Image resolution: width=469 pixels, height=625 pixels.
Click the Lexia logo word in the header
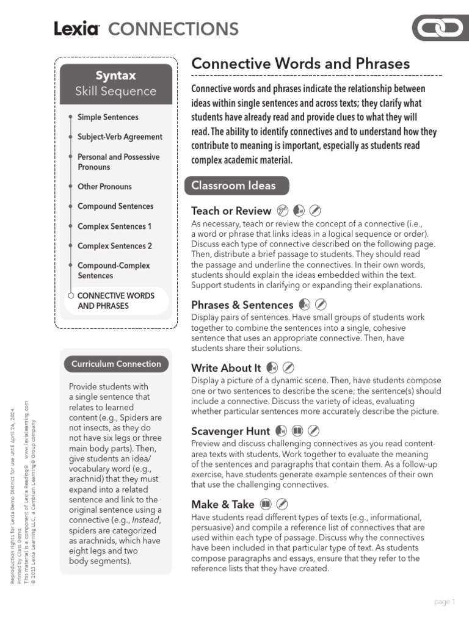(x=76, y=29)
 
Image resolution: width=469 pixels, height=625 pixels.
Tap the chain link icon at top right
(x=440, y=29)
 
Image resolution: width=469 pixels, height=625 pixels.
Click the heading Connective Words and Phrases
(x=300, y=63)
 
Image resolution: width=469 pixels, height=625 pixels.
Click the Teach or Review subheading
(x=231, y=211)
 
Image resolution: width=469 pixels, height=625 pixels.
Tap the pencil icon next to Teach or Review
(x=315, y=211)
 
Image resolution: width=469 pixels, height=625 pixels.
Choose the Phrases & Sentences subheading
(x=242, y=305)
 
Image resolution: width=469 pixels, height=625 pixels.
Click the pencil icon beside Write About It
(x=289, y=367)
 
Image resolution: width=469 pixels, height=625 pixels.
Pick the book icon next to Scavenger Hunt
(x=297, y=431)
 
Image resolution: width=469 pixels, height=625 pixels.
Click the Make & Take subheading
(x=222, y=504)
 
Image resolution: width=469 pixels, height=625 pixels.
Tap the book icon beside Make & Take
(x=265, y=504)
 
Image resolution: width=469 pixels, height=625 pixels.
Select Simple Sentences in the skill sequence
(x=108, y=117)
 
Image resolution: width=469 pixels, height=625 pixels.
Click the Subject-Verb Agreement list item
(x=120, y=137)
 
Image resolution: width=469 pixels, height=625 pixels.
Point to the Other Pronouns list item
(x=104, y=187)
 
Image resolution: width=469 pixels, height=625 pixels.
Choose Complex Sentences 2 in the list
(x=115, y=246)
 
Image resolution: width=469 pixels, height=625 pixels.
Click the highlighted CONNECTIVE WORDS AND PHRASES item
(x=115, y=300)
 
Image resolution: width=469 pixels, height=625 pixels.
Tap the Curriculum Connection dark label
(x=116, y=364)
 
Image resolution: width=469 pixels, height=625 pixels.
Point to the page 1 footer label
(x=444, y=602)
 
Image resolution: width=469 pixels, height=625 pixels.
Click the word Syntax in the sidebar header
(x=115, y=76)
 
